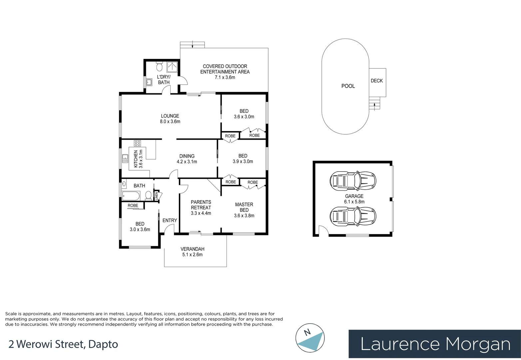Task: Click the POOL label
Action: (x=348, y=86)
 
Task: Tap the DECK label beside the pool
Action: (x=376, y=81)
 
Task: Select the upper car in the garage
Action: (x=353, y=180)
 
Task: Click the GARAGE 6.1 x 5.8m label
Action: (x=354, y=199)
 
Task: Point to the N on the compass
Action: (x=307, y=332)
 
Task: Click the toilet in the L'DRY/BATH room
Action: (x=159, y=66)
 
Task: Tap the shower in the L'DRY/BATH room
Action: (x=172, y=67)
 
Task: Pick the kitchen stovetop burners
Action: (x=137, y=143)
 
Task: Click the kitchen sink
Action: (x=125, y=159)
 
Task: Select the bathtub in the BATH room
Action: (x=131, y=196)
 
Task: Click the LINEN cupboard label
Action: (x=157, y=195)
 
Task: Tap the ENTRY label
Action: (x=170, y=220)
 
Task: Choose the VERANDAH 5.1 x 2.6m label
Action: (x=192, y=252)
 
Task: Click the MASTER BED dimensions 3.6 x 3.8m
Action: (x=244, y=216)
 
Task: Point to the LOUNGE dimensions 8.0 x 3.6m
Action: (x=170, y=121)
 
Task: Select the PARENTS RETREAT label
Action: (x=201, y=205)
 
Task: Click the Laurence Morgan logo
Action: (x=435, y=344)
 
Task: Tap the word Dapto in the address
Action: (x=103, y=345)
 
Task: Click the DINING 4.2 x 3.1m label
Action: (x=187, y=159)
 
